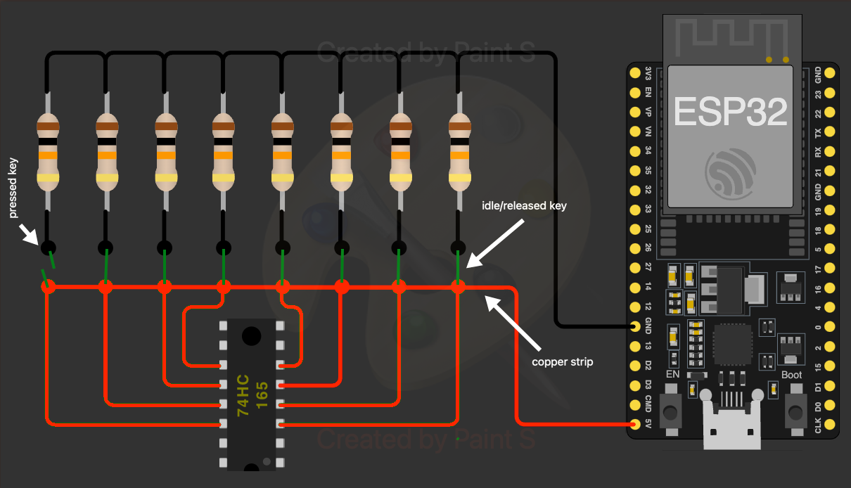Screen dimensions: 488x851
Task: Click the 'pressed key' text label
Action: click(13, 188)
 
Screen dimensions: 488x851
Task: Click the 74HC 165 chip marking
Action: click(252, 395)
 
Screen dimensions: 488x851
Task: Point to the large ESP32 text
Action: click(731, 113)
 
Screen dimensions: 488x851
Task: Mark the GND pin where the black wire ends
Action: click(636, 326)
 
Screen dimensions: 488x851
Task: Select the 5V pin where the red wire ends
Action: click(636, 424)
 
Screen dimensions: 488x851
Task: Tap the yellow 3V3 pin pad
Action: click(636, 72)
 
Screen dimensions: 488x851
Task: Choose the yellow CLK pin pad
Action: click(830, 424)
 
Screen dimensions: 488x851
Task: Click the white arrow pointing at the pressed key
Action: click(29, 236)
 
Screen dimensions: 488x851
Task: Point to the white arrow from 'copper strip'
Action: click(513, 324)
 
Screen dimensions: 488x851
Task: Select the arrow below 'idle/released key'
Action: click(496, 243)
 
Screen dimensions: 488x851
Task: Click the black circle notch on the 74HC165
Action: click(251, 335)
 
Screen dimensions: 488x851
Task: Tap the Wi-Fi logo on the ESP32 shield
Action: click(731, 172)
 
